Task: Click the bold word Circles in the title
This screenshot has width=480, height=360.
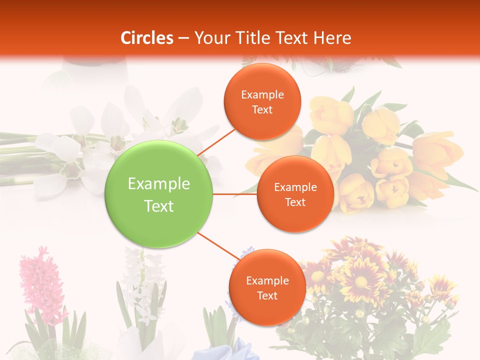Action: (x=146, y=38)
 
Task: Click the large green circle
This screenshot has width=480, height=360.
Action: (x=159, y=194)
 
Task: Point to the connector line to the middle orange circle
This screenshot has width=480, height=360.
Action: (x=235, y=194)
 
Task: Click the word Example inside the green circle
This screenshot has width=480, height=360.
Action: (x=159, y=184)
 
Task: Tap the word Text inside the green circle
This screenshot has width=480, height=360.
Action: (x=159, y=206)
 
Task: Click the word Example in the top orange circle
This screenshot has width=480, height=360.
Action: (x=262, y=95)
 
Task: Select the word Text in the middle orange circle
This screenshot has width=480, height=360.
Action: (x=295, y=202)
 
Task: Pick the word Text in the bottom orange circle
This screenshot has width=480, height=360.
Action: (x=267, y=295)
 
